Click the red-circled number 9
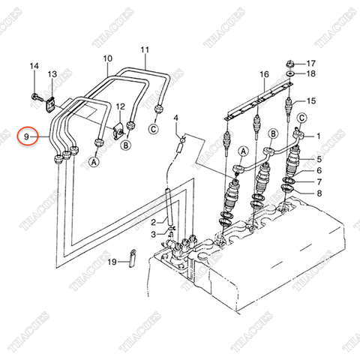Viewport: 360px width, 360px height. click(26, 136)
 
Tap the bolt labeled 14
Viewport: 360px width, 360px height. click(37, 97)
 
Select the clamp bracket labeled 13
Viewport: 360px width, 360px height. click(51, 105)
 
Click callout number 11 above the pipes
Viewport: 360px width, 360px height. click(145, 50)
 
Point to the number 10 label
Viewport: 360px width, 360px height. click(108, 58)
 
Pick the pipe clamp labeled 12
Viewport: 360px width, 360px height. click(119, 131)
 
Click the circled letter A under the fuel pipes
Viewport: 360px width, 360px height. click(94, 162)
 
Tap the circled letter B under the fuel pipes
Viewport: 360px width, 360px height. click(126, 145)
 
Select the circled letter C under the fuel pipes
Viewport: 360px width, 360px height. click(154, 129)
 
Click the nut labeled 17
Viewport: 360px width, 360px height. click(289, 64)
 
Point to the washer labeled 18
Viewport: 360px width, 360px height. click(290, 73)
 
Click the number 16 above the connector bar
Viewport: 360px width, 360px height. click(264, 74)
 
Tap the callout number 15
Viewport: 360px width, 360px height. click(311, 101)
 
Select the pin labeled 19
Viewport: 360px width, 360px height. click(133, 258)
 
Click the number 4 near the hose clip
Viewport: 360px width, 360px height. click(176, 118)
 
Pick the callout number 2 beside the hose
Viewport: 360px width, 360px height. click(154, 222)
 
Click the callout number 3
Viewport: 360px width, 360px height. click(154, 235)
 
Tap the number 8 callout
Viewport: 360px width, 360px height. click(319, 193)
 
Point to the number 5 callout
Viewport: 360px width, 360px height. click(319, 159)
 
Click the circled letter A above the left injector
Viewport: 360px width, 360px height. click(244, 151)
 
